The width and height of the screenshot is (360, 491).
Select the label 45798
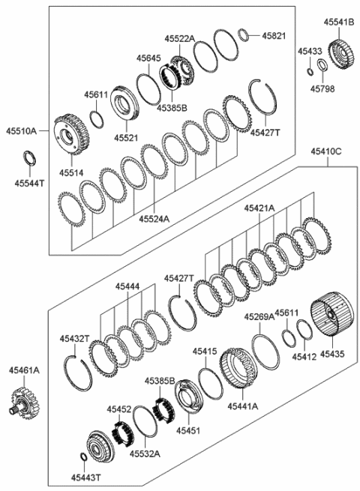(322, 88)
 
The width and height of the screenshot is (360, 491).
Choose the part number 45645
(148, 57)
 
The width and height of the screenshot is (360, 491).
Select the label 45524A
(154, 219)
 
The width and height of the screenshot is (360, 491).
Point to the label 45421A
(259, 207)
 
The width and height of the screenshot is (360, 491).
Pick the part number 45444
(127, 286)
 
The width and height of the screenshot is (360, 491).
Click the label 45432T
(75, 339)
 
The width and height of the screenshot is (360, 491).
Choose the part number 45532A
(144, 454)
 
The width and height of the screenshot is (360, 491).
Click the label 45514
(71, 173)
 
